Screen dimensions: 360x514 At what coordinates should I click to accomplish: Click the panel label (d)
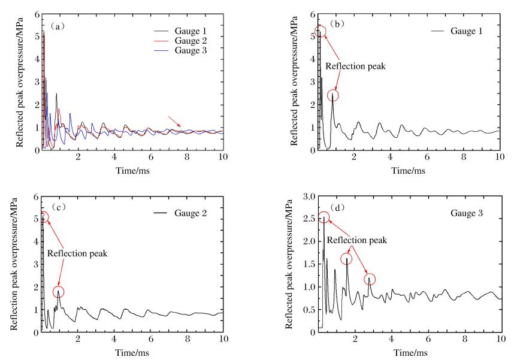point(333,207)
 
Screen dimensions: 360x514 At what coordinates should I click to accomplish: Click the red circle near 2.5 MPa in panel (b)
point(334,95)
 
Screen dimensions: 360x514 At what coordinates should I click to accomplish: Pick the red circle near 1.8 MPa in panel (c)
point(58,292)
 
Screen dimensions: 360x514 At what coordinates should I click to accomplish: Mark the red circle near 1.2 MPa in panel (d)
point(370,279)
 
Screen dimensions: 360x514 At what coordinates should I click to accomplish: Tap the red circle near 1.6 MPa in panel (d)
point(347,259)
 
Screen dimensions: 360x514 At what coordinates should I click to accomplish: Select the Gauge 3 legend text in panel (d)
point(455,213)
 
